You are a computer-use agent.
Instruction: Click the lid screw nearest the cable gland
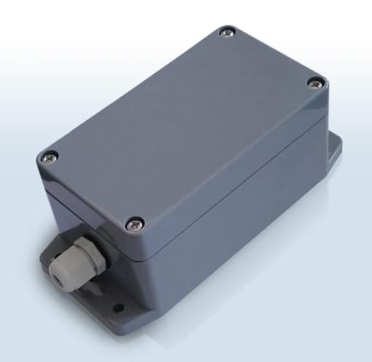[x=134, y=224]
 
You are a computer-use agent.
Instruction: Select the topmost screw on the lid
[x=227, y=32]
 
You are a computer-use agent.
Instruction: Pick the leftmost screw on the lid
[x=50, y=156]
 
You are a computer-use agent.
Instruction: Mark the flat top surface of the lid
[x=182, y=124]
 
